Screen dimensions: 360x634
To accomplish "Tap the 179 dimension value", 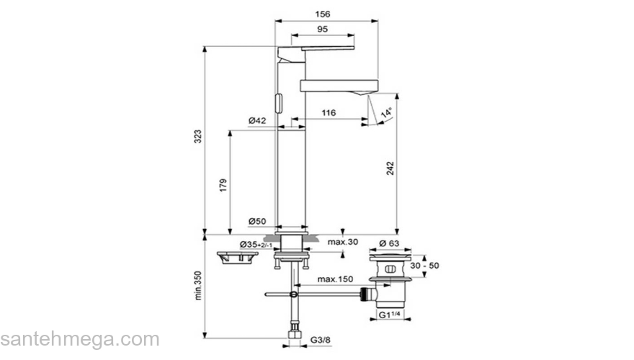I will coord(223,184).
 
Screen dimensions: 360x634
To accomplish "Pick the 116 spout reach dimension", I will coord(329,114).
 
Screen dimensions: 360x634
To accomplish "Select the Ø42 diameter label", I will coord(257,121).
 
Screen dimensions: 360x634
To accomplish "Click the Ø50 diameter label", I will coord(257,221).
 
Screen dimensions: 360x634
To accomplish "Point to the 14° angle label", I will coord(387,114).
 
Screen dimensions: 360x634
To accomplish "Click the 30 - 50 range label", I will coord(424,266).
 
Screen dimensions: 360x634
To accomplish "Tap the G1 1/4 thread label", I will coord(393,315).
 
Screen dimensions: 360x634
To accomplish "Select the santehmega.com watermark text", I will coord(79,338).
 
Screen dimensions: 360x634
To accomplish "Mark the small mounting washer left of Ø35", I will coord(234,257).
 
